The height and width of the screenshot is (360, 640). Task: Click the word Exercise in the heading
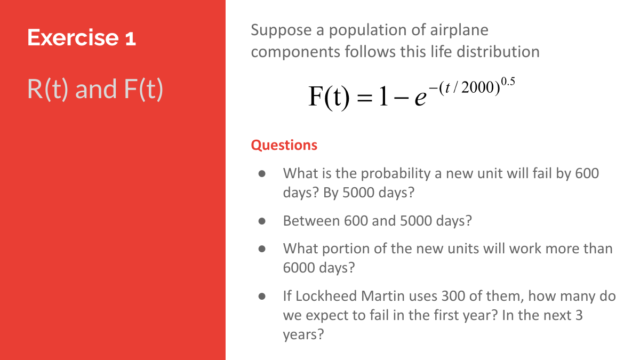[73, 37]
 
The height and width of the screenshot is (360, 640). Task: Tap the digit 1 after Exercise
[130, 38]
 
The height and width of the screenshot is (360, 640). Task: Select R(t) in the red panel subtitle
[47, 89]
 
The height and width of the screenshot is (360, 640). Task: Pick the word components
[295, 53]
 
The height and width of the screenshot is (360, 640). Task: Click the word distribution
[498, 52]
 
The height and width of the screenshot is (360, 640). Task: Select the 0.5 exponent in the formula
[508, 82]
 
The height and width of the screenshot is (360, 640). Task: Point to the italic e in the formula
[421, 98]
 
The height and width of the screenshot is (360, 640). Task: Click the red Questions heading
[284, 145]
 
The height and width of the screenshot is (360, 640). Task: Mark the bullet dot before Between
[262, 221]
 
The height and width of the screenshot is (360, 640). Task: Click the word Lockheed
[326, 297]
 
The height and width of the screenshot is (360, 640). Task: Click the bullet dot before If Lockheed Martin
[262, 297]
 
